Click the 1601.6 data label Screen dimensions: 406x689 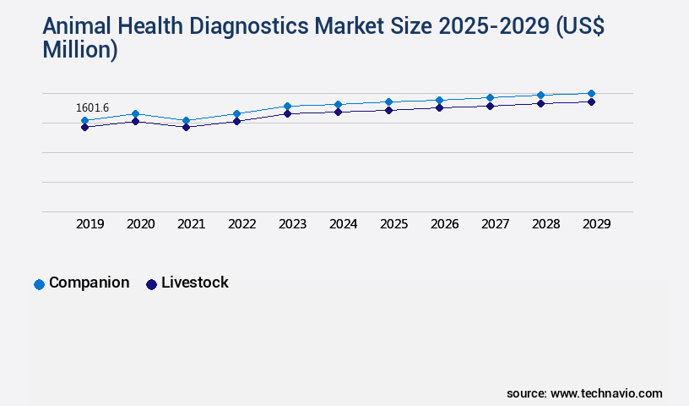[x=92, y=107]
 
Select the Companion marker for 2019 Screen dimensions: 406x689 [x=84, y=121]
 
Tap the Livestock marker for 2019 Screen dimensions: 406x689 [x=84, y=127]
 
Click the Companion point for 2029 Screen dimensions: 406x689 [x=591, y=93]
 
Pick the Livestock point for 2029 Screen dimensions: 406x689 [x=591, y=101]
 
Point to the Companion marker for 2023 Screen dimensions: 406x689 [x=287, y=106]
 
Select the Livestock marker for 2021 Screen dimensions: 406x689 [x=186, y=127]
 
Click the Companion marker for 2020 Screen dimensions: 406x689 [x=135, y=113]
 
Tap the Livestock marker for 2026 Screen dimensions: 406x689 [x=439, y=107]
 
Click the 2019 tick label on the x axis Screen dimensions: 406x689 [x=90, y=224]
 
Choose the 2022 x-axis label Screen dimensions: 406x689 [x=242, y=224]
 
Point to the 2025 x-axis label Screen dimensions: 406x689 [x=394, y=224]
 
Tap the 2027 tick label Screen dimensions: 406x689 [x=496, y=224]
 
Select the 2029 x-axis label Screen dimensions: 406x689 [x=597, y=224]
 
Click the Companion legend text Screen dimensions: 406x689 [x=90, y=283]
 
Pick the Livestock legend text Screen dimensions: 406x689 [x=195, y=283]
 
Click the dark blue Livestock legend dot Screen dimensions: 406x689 [x=151, y=284]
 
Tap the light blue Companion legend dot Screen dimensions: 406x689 [x=39, y=284]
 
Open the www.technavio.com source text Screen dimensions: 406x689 [x=606, y=393]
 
